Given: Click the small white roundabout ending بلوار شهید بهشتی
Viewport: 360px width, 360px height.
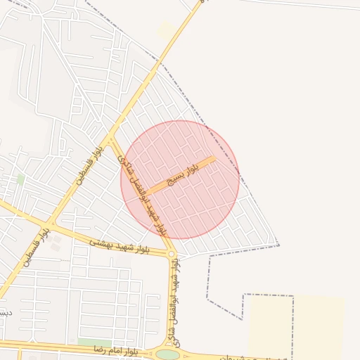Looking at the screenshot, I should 171,254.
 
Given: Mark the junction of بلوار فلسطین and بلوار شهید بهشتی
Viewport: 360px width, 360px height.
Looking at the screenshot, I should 51,226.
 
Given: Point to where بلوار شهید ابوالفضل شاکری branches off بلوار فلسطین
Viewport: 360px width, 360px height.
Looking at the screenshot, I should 110,136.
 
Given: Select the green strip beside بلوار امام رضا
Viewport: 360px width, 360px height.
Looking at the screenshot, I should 94,342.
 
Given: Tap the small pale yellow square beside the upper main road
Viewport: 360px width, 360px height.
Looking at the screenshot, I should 166,30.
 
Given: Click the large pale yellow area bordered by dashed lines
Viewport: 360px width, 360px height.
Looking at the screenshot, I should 295,327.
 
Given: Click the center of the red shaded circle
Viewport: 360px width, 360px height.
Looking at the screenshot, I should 180,179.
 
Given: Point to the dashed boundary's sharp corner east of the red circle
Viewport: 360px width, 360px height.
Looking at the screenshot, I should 278,245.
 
